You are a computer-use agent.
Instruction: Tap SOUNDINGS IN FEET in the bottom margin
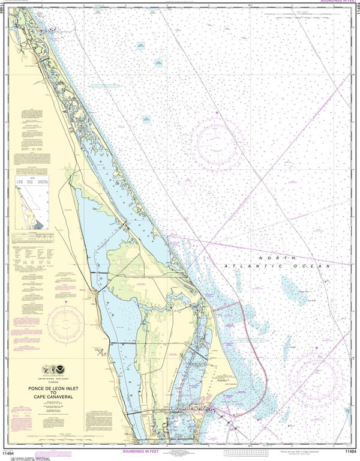180,452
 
